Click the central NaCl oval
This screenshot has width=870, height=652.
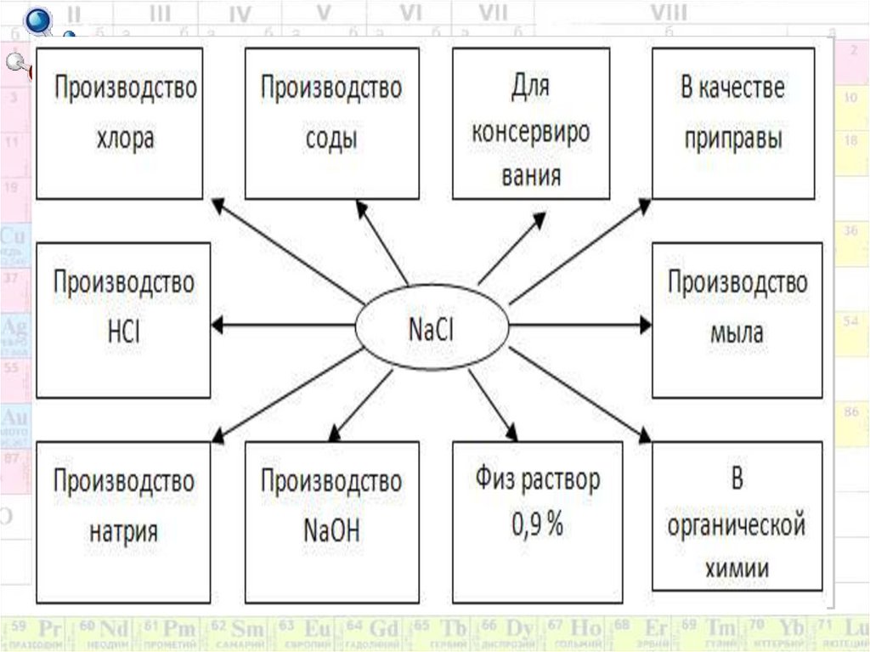coord(431,327)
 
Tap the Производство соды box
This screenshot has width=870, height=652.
coord(331,122)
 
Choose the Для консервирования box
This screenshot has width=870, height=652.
coord(530,124)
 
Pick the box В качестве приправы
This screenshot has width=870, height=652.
coord(732,122)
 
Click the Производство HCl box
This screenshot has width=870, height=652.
coord(124,320)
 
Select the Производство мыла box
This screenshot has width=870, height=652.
coord(737,320)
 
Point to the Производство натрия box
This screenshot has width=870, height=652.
coord(124,521)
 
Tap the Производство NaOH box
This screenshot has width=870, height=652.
coord(331,521)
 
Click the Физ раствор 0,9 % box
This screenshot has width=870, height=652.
coord(537,521)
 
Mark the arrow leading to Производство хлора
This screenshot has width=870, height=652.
coord(289,250)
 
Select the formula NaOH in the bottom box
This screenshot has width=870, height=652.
coord(331,532)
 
